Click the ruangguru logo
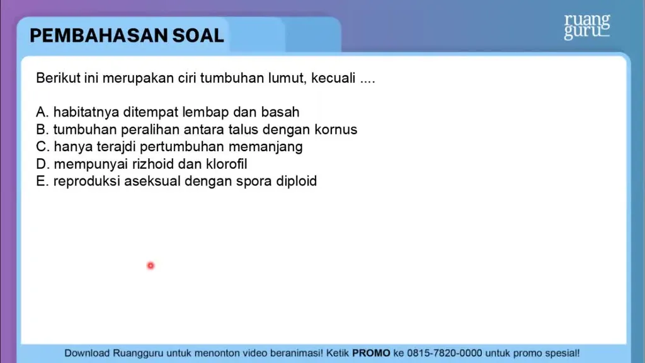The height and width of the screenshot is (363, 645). coord(587,26)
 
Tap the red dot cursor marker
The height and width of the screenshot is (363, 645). coord(151,266)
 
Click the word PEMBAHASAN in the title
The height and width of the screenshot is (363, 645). coord(99,36)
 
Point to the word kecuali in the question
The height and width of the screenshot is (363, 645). coord(333,78)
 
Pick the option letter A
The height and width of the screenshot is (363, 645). coord(42,112)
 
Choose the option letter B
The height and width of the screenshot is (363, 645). coord(42,130)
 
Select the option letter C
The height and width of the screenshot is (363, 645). coord(42,146)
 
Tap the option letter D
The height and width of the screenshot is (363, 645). coord(42,164)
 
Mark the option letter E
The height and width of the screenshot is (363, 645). coord(42,181)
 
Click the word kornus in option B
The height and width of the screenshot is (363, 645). coord(336,130)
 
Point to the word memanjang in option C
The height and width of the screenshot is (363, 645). coord(265,147)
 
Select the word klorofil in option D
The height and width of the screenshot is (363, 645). coord(226,164)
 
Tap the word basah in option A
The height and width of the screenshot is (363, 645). coord(280,112)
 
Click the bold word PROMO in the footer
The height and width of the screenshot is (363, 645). coord(371,353)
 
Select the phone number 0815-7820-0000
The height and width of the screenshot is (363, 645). coord(444,353)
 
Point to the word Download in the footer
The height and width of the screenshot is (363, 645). coord(87,353)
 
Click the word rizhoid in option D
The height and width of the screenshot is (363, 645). coord(153,164)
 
